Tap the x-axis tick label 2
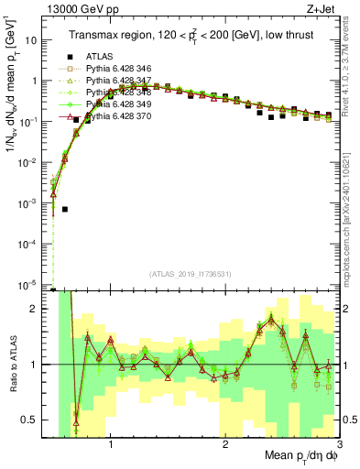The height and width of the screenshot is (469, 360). click(225, 445)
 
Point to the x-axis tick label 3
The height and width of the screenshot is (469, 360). click(338, 445)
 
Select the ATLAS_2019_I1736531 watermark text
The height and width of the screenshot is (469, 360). click(191, 275)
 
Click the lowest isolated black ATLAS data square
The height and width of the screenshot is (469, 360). click(65, 210)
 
